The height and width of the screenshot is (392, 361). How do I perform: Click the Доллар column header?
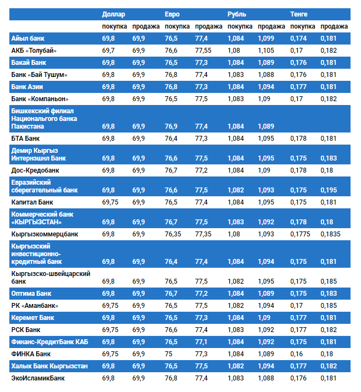[x=114, y=14]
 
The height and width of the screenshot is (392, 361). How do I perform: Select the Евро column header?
[x=172, y=14]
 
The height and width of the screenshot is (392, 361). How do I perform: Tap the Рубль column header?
[x=237, y=14]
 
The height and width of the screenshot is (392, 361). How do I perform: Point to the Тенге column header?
[x=299, y=14]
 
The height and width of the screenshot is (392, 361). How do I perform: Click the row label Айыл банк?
[x=28, y=38]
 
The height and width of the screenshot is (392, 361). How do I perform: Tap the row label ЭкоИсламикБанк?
[x=38, y=378]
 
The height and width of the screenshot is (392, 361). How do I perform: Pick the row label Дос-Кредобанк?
[x=35, y=170]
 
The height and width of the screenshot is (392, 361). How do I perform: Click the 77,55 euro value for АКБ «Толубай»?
[x=203, y=51]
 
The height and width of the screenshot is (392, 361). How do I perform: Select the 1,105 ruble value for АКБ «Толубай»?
[x=266, y=51]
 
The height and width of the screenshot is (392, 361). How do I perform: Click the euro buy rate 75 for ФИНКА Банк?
[x=168, y=354]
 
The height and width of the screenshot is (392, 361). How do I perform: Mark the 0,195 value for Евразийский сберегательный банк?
[x=329, y=190]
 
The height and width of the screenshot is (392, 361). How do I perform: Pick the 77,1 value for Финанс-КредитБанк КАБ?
[x=201, y=341]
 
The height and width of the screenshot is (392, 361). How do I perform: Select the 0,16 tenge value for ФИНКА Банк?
[x=297, y=354]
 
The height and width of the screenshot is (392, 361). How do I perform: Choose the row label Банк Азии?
[x=28, y=87]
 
